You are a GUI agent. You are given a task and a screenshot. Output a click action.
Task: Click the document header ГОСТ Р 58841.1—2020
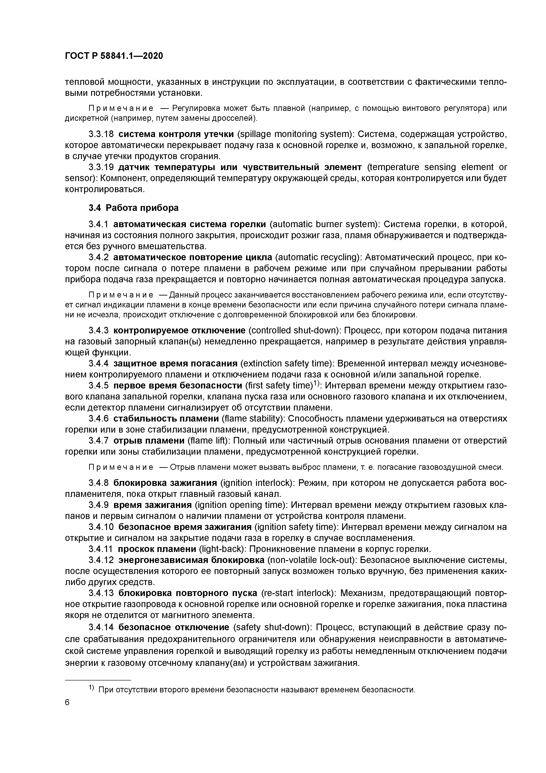click(x=114, y=56)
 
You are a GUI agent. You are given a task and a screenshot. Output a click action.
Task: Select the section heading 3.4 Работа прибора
click(x=134, y=208)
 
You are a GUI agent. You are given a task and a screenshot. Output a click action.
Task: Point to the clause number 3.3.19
click(x=101, y=167)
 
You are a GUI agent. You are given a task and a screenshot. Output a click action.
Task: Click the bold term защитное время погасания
click(x=175, y=363)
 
